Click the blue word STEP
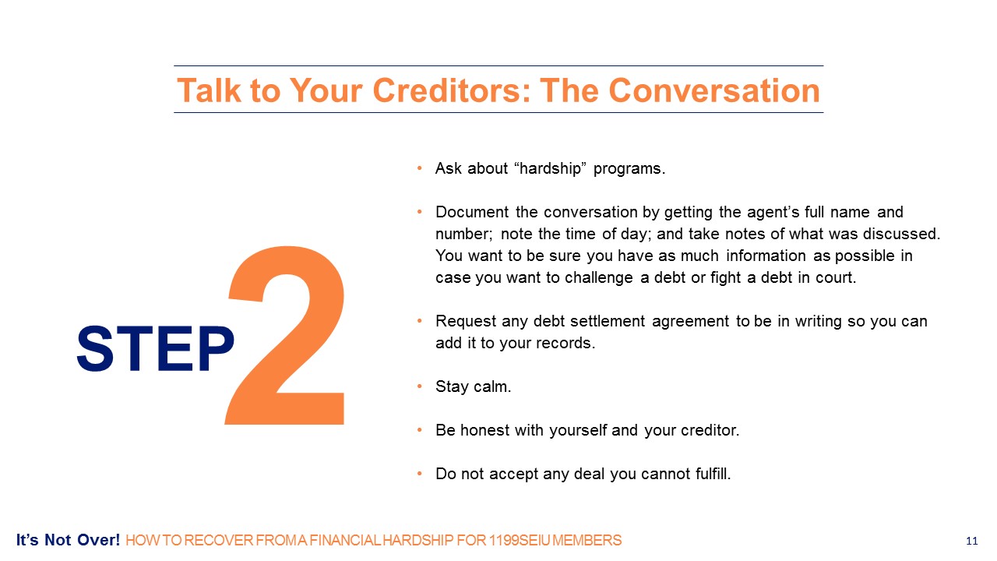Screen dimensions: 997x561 (x=155, y=348)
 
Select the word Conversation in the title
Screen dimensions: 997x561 (x=714, y=91)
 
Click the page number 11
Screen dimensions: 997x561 (x=971, y=541)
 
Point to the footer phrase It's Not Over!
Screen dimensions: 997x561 (x=68, y=540)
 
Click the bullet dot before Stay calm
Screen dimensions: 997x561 (x=419, y=386)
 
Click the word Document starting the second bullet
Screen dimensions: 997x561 (x=472, y=212)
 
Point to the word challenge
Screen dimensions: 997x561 (x=599, y=278)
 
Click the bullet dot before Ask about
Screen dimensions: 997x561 (x=419, y=168)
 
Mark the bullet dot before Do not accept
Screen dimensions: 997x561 (x=419, y=474)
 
